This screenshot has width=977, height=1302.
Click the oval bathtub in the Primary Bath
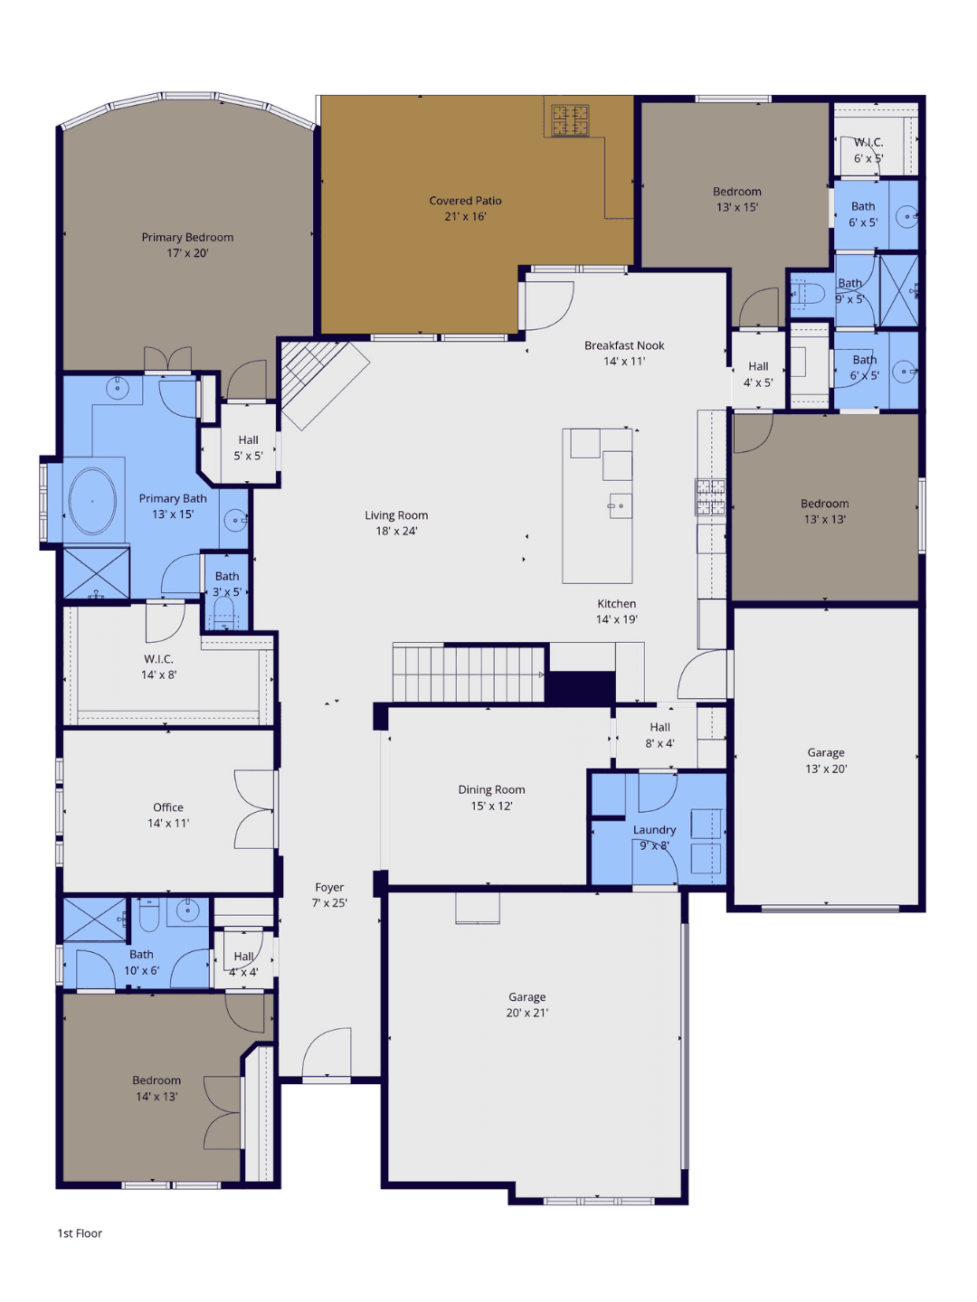(92, 502)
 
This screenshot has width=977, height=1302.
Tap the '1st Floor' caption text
(80, 1233)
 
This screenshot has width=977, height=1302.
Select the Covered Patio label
(465, 201)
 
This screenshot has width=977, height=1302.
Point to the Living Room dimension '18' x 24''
(396, 531)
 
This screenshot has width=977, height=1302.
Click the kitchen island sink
(621, 506)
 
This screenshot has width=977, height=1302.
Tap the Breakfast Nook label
(624, 345)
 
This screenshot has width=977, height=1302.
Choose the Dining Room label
(491, 789)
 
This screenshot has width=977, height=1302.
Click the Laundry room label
(654, 830)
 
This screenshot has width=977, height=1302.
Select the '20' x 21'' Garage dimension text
(526, 1013)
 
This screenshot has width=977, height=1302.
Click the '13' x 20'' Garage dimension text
(826, 769)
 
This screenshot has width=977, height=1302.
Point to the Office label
(168, 807)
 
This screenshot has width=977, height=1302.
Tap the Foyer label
(329, 887)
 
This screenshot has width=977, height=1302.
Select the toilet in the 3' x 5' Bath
(223, 613)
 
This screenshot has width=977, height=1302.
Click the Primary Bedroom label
(187, 237)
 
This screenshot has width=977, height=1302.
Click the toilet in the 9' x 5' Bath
(807, 293)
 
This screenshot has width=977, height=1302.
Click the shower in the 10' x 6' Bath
(95, 920)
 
